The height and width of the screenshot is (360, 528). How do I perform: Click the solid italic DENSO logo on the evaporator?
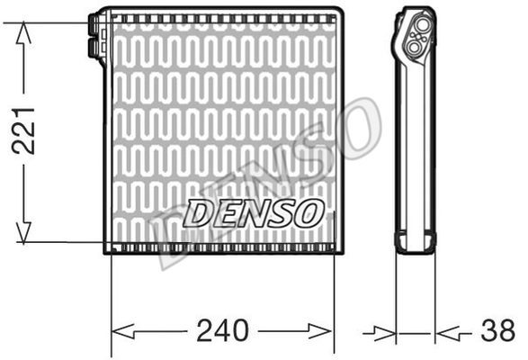254,213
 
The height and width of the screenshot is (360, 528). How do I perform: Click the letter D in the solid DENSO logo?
198,214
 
